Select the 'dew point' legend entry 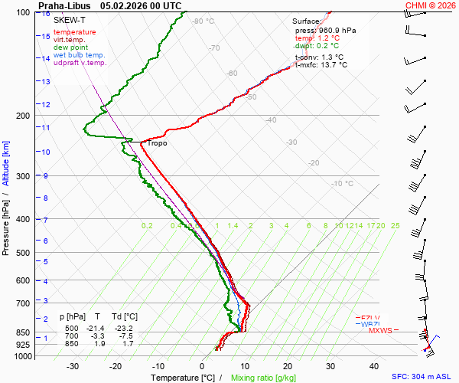(70, 47)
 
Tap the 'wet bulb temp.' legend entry (79, 55)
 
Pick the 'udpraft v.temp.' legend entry (80, 63)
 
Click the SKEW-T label (70, 19)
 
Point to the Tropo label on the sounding (157, 143)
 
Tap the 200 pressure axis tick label (22, 116)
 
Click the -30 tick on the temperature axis (73, 366)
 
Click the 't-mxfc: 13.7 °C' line (321, 65)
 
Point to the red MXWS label (380, 331)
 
